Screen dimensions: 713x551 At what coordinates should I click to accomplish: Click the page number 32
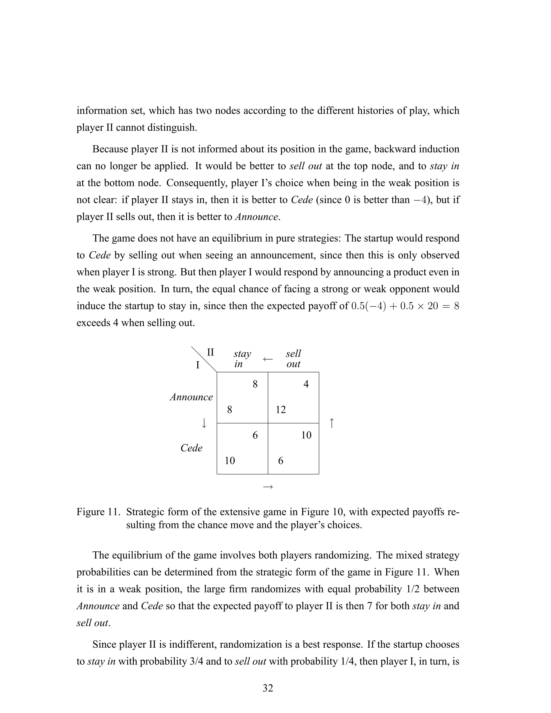click(268, 688)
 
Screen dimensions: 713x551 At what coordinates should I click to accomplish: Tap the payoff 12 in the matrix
click(281, 410)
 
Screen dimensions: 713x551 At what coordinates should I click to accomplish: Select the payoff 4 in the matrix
click(306, 384)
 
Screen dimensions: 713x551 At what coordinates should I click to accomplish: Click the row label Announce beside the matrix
click(191, 397)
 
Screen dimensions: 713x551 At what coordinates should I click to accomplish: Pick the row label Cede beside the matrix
click(191, 448)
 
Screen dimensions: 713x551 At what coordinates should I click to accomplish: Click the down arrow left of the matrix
click(204, 423)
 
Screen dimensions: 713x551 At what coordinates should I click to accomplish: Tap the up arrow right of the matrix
click(332, 423)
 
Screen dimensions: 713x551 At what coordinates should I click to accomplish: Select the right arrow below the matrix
click(268, 487)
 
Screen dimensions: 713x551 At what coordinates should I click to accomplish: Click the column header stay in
click(242, 359)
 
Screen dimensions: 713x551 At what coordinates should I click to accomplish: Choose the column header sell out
click(293, 359)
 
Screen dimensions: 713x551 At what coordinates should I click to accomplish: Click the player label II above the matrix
click(211, 352)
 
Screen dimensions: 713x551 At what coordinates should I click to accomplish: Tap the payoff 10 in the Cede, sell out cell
click(306, 435)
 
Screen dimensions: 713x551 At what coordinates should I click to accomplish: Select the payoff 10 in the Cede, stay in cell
click(230, 461)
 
